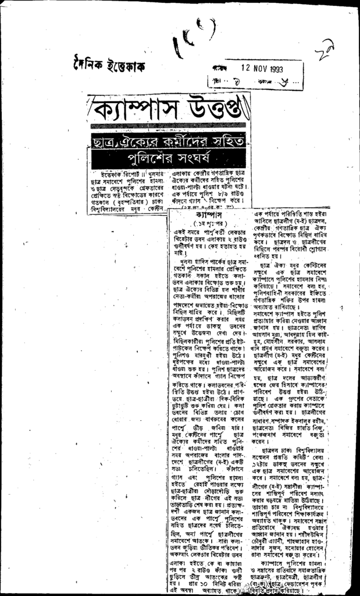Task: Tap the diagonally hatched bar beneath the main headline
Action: coord(169,125)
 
